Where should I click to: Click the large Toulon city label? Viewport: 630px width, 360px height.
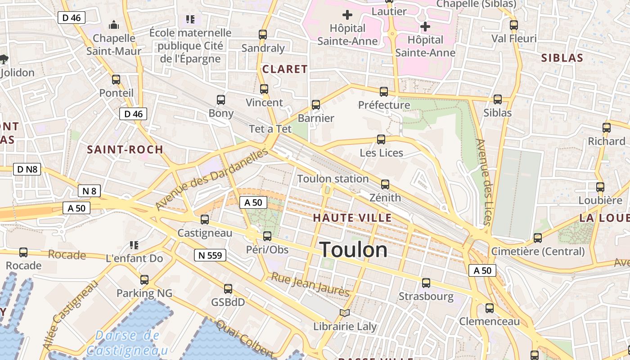[354, 250]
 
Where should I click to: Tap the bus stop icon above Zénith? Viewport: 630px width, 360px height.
[385, 184]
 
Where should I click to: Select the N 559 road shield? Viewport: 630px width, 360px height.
[210, 256]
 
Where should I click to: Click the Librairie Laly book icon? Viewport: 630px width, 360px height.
[345, 313]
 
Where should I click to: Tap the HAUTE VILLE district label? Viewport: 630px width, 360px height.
[352, 218]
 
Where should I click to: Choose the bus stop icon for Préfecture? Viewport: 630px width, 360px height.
[383, 92]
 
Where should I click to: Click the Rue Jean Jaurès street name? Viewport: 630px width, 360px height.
[310, 284]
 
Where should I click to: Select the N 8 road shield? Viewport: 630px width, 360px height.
[90, 191]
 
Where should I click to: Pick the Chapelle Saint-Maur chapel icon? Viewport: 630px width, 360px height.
[114, 24]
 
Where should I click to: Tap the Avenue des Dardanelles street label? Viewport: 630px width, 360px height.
[211, 179]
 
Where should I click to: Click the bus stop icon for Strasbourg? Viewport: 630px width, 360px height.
[426, 283]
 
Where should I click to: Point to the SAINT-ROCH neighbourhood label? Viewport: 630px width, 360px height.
[125, 150]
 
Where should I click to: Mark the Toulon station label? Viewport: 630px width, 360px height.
[333, 179]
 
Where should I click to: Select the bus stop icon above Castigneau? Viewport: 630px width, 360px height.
[205, 220]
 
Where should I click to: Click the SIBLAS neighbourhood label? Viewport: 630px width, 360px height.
[562, 58]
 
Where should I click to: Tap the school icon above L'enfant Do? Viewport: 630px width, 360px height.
[134, 245]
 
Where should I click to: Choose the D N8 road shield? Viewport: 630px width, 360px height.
[27, 170]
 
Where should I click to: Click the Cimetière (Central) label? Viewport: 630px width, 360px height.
[538, 251]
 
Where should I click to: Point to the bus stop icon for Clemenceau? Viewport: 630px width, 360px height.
[489, 308]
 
